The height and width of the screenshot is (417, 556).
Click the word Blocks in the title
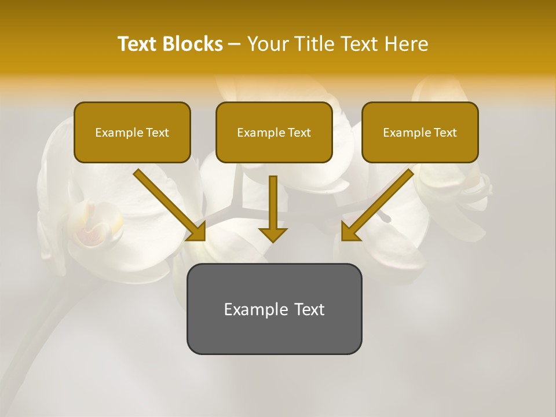point(192,44)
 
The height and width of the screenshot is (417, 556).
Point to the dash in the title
point(235,45)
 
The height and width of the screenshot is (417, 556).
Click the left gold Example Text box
point(132,132)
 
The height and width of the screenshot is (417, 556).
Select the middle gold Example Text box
point(274,132)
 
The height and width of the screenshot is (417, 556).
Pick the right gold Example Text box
point(420,132)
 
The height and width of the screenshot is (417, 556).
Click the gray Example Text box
point(274,309)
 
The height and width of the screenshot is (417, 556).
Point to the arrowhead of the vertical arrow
point(273,234)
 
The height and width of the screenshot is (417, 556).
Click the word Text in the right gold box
point(445,133)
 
